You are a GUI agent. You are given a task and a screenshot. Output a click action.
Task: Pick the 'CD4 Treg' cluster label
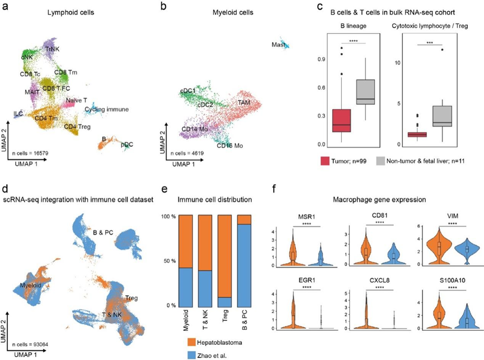(x=78, y=127)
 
